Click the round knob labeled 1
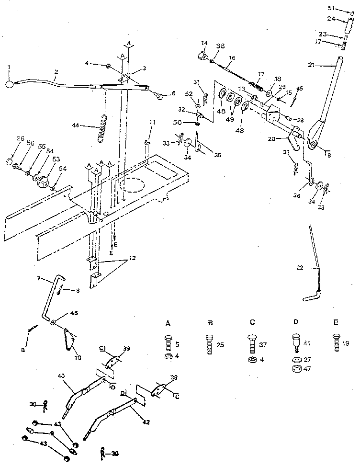click(10, 84)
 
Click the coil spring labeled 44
click(104, 128)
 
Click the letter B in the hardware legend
click(210, 324)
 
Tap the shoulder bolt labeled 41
click(295, 342)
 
